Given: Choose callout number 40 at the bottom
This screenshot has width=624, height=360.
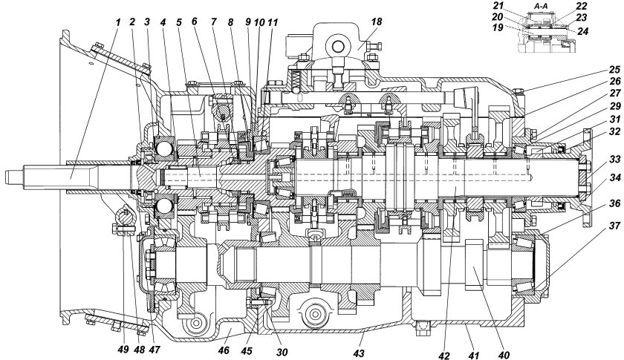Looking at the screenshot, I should coord(504,354).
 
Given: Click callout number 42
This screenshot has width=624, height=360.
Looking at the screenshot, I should coord(444,354).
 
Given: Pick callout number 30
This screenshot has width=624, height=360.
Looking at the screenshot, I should coord(282,351).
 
